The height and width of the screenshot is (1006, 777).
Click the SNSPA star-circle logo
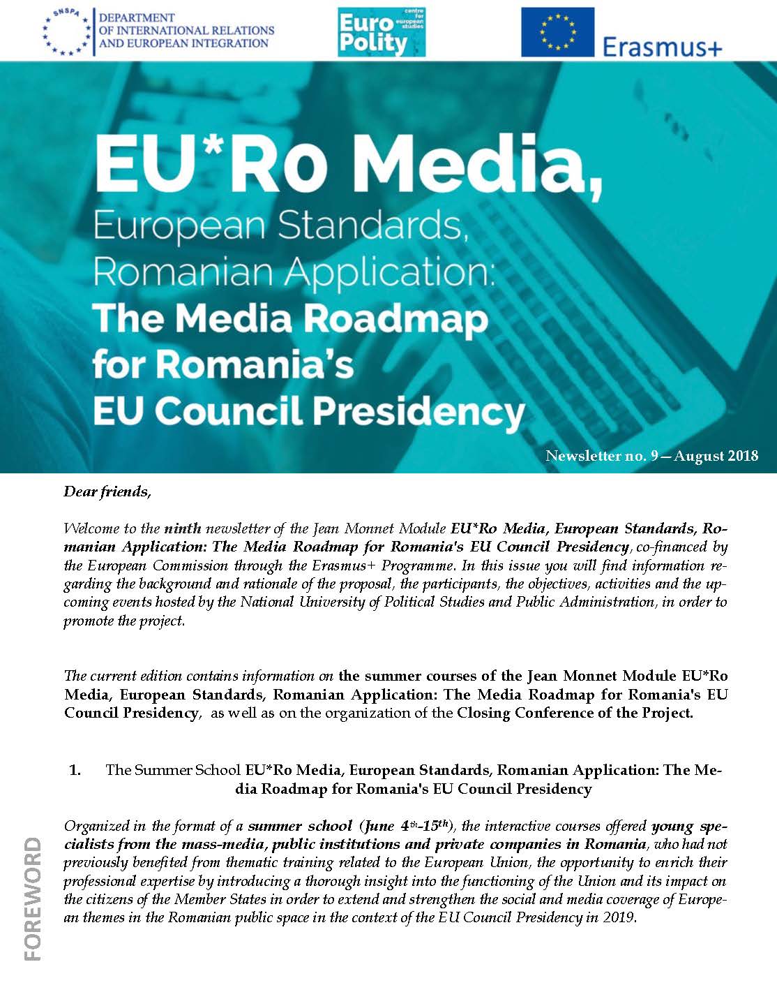coord(66,31)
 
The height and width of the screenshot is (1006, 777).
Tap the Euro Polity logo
coord(381,32)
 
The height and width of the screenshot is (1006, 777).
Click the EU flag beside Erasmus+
coord(557,32)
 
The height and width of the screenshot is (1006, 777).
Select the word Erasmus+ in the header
coord(661,46)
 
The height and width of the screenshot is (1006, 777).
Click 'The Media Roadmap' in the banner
coord(290,318)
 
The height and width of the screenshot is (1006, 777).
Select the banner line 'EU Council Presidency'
coord(308,410)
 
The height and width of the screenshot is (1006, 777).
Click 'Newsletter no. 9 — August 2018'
coord(651,457)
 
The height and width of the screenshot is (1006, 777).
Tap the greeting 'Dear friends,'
coord(107,491)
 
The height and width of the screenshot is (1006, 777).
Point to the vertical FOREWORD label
coord(32,899)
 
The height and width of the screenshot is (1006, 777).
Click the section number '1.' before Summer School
coord(75,770)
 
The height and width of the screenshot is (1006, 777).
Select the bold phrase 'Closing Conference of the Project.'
coord(575,713)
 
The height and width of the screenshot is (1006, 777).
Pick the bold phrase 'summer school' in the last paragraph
coord(300,826)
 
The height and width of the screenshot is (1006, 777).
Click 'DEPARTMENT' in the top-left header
coord(137,17)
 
